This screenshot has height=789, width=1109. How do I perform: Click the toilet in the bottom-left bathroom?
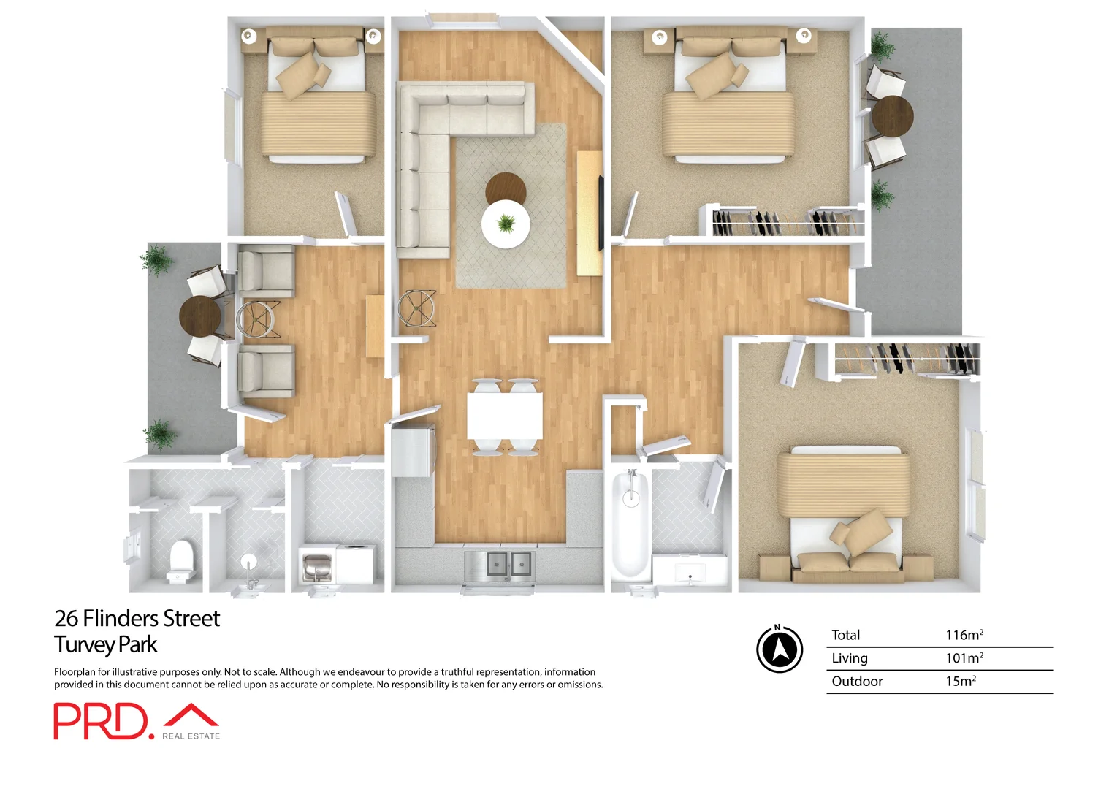point(181,558)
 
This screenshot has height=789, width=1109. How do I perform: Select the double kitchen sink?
point(500,564)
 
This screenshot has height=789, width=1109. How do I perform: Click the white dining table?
point(505,416)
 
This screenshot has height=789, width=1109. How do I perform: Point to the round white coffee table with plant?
point(506,224)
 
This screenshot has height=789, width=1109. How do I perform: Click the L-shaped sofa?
point(438,146)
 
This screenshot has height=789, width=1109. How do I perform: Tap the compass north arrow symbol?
point(779,649)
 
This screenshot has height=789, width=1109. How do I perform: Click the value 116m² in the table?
point(964,635)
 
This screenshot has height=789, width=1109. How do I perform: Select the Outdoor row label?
point(857,681)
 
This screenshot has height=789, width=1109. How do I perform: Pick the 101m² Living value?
point(964,657)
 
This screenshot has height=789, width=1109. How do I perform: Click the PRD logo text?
point(101,721)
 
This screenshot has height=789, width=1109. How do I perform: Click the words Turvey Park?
point(106,644)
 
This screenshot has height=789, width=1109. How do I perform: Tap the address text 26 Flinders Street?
point(137,618)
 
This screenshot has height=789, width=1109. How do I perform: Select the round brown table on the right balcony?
point(893,115)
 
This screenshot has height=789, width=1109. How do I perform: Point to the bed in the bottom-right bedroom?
point(845,511)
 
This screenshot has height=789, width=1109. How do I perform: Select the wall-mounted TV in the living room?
point(601,212)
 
